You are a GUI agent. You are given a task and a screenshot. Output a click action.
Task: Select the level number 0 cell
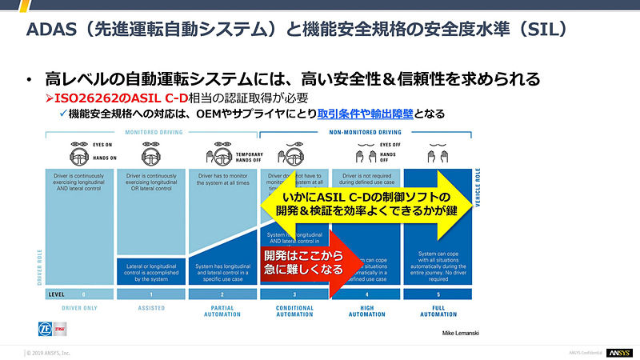click(x=83, y=294)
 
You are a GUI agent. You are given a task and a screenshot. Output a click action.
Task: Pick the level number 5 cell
click(x=438, y=294)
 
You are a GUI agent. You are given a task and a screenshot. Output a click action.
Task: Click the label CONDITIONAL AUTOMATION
click(x=295, y=311)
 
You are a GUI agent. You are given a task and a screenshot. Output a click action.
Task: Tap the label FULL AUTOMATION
click(x=438, y=311)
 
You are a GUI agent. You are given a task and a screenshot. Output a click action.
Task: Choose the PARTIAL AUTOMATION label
click(x=224, y=311)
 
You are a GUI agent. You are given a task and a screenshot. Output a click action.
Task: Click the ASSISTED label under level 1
click(x=151, y=308)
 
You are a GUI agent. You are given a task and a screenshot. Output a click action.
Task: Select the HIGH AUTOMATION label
click(x=366, y=311)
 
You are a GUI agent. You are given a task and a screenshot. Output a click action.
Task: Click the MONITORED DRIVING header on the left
click(x=153, y=132)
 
